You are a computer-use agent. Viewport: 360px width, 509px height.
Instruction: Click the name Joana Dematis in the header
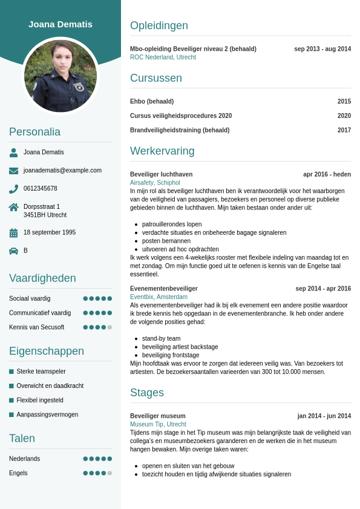tap(61, 24)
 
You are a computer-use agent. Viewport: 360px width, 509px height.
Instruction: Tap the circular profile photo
tap(61, 76)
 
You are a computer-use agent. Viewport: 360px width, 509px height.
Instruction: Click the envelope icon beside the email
tap(13, 171)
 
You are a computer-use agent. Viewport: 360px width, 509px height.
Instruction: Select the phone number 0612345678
tap(41, 188)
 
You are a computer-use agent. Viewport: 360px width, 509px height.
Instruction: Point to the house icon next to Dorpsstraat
tap(13, 207)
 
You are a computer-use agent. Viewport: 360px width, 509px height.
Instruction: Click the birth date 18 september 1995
tap(50, 232)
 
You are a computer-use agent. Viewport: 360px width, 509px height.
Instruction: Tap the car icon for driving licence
tap(13, 251)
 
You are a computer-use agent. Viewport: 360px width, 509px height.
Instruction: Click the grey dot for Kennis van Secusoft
tap(110, 327)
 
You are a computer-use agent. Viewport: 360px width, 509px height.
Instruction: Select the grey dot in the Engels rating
tap(110, 473)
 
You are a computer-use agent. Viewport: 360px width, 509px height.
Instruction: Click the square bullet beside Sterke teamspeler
tap(11, 372)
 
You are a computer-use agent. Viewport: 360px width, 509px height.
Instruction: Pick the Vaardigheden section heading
tap(42, 278)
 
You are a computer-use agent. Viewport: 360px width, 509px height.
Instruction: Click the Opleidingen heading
tap(159, 25)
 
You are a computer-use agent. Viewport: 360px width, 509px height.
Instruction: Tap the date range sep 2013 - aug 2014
tap(322, 49)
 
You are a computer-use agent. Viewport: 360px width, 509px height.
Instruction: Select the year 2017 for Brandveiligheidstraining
tap(344, 130)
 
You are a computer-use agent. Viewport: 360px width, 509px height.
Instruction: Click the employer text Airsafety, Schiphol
tap(155, 182)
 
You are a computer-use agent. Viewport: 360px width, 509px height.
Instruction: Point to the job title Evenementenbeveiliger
tap(164, 289)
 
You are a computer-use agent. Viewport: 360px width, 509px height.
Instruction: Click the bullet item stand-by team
tap(161, 338)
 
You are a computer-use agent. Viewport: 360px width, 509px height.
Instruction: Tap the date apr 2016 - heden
tap(327, 174)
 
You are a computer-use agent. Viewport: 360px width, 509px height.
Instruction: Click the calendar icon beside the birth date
tap(13, 232)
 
